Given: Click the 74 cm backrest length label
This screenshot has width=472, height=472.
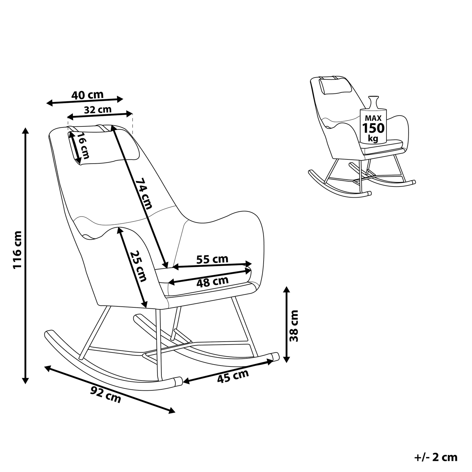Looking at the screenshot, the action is tap(144, 193).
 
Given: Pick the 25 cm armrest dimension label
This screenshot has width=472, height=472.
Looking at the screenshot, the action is tap(138, 266).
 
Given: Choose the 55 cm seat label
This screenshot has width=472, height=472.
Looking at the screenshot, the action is tap(212, 259).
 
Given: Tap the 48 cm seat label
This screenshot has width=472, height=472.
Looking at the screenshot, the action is tap(212, 282).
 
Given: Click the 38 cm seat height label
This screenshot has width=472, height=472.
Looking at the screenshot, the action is tap(294, 326).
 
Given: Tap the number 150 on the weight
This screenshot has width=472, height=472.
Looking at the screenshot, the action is tap(373, 128).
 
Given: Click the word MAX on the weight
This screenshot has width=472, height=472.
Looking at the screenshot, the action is tap(373, 119).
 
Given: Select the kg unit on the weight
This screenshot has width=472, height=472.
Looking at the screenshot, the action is tap(373, 138).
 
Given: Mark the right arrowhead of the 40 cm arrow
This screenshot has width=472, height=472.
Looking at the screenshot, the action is tap(120, 99).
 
